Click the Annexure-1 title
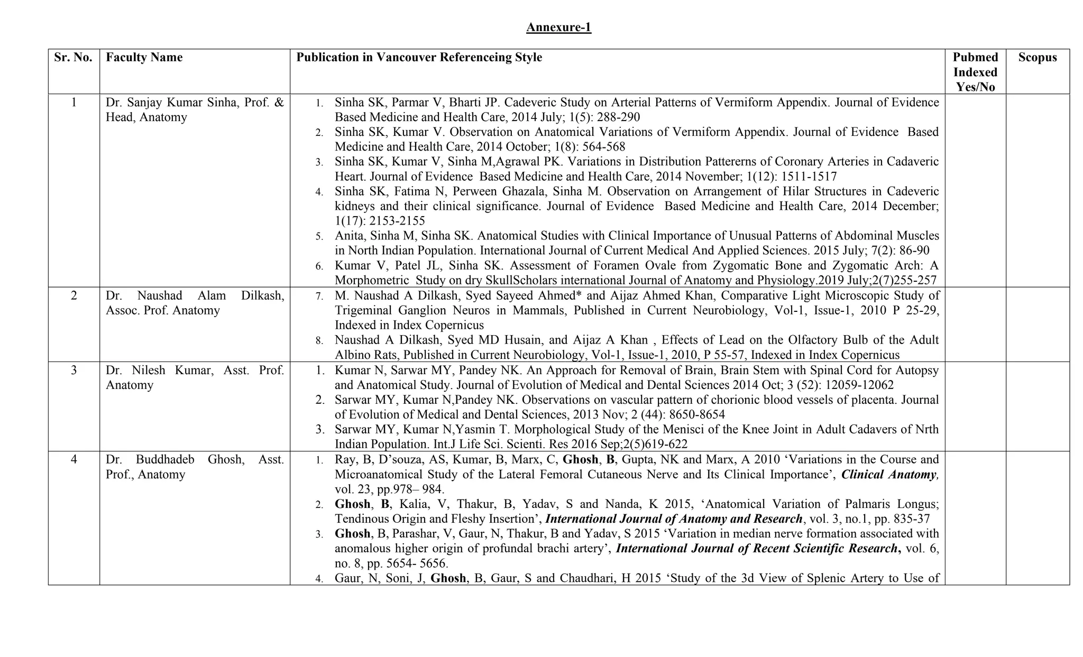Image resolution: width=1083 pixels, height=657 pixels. pos(558,27)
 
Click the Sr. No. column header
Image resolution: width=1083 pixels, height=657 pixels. pos(74,58)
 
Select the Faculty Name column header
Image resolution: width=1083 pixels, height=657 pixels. pos(144,58)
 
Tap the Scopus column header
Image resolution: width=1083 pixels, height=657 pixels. pos(1037,58)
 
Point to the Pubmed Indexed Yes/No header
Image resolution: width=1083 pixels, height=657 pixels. pos(975,72)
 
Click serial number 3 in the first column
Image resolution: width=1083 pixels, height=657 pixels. pos(74,370)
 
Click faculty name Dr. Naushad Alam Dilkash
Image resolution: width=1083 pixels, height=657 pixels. pos(195,296)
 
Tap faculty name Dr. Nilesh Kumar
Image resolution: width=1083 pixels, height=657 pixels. pos(159,370)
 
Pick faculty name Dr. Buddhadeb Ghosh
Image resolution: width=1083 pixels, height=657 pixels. pos(175,460)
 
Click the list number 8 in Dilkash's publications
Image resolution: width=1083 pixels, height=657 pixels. pos(319,341)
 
